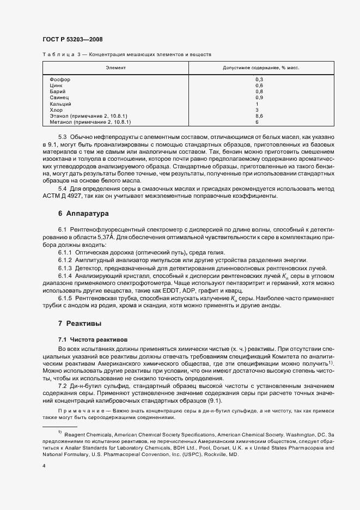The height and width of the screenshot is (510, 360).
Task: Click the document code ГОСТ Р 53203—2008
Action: click(72, 39)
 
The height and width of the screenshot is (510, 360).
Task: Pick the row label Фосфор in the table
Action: click(59, 80)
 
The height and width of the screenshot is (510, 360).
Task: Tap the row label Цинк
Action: click(56, 86)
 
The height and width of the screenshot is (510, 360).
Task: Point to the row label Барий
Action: click(57, 92)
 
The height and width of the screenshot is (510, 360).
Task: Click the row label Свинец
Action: click(59, 98)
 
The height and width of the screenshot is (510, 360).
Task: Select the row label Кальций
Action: click(60, 104)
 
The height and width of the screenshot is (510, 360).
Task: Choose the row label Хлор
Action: click(56, 110)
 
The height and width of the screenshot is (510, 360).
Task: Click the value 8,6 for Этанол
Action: click(259, 116)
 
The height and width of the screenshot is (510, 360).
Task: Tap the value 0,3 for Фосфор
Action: click(259, 80)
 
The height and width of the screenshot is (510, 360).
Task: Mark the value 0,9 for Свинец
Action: click(259, 98)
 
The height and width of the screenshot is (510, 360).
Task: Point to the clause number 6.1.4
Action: click(65, 277)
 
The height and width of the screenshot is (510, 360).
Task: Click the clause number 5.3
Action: click(62, 136)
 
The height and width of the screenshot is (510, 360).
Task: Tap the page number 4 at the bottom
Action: click(44, 465)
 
